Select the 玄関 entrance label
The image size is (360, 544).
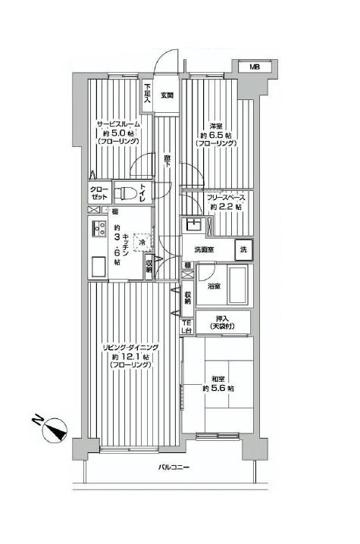coord(167,95)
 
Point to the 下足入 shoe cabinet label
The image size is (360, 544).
coord(148,92)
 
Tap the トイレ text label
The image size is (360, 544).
coord(146,193)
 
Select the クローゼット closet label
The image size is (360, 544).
coord(99,193)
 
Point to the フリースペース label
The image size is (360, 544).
coord(227,199)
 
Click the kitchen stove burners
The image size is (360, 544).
coord(99,228)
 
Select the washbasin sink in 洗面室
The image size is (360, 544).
coord(193,226)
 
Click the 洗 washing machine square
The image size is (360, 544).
coord(244,249)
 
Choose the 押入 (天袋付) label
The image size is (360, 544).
coord(224,321)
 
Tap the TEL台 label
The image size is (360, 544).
coord(186,327)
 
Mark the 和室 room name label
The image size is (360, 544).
coord(218,378)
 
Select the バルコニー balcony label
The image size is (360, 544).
coord(174,467)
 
